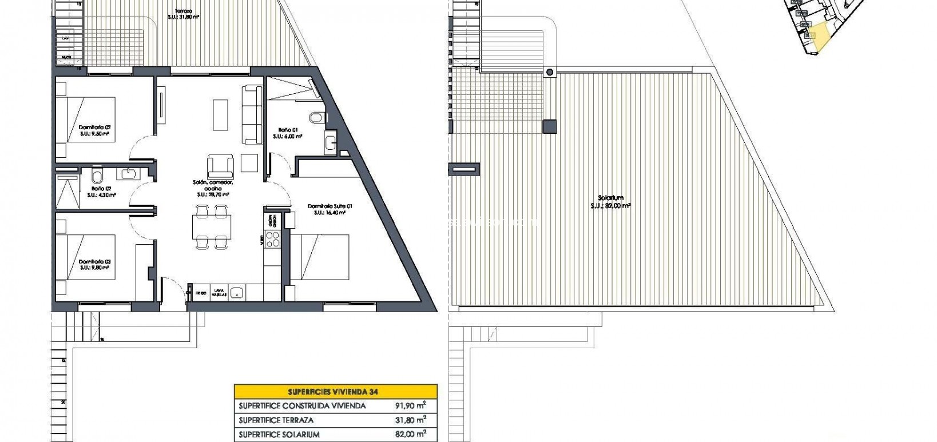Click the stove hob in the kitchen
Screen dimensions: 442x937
[x=273, y=239]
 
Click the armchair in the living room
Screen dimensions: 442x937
[x=220, y=165]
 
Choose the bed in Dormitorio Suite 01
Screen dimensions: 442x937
[x=320, y=257]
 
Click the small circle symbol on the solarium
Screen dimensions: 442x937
[x=550, y=72]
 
